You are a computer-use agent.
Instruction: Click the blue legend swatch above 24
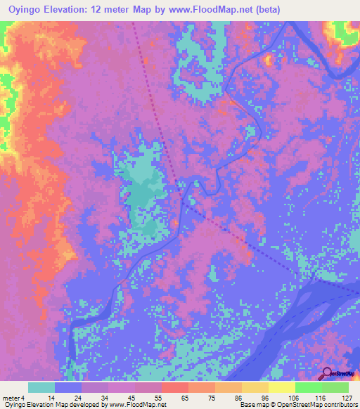coord(68,387)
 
